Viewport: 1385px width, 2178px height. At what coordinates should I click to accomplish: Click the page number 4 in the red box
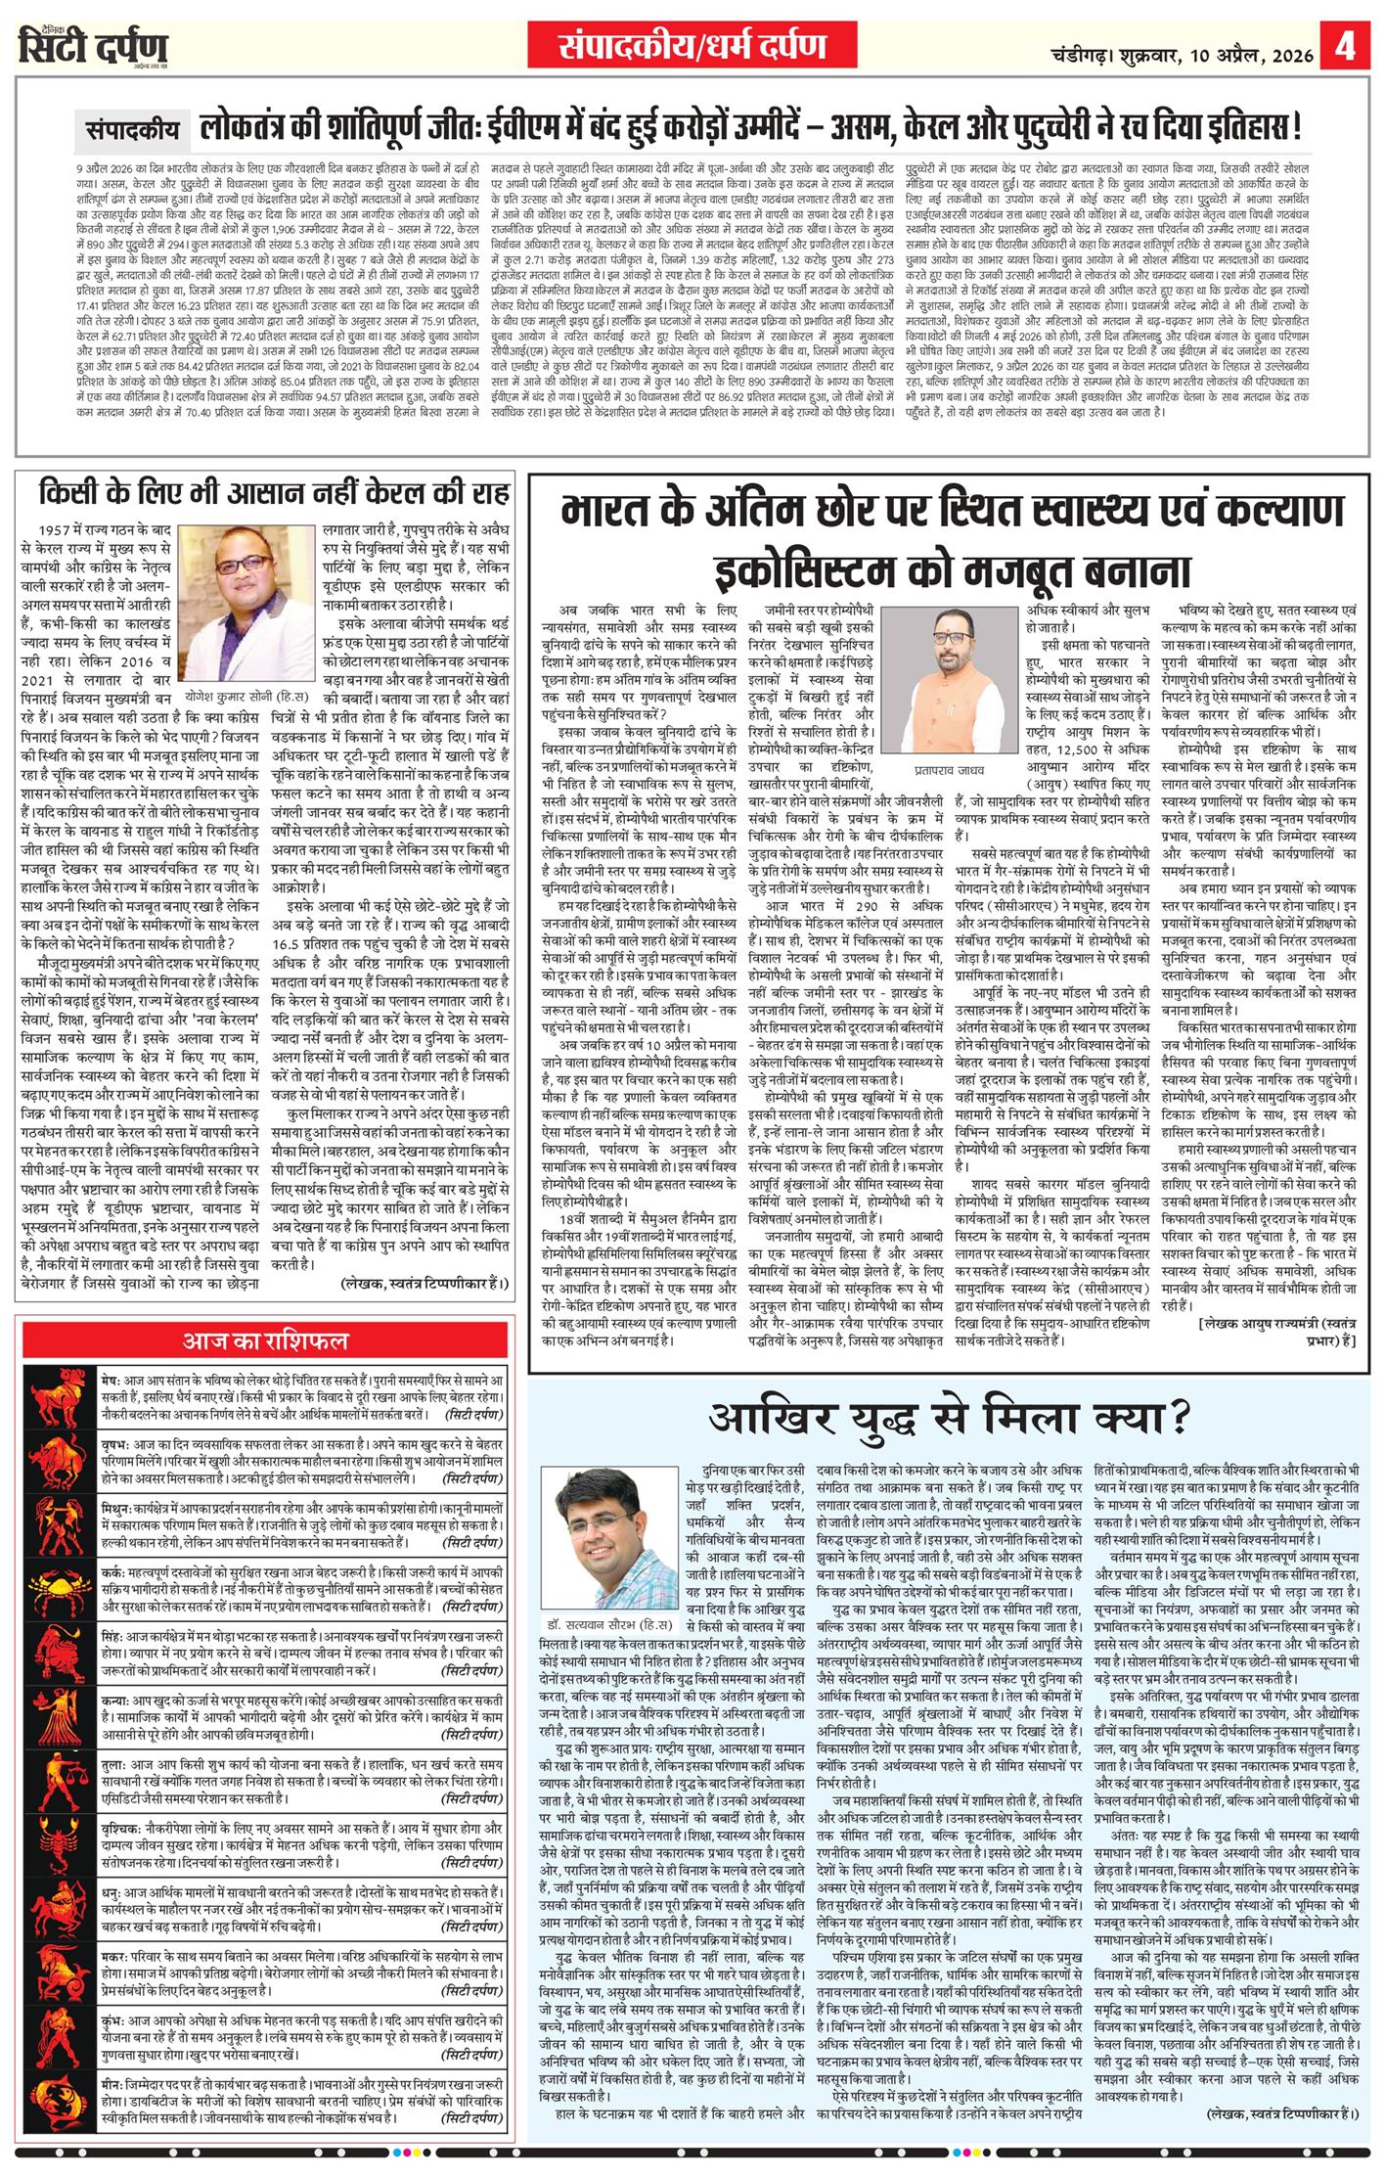click(1347, 45)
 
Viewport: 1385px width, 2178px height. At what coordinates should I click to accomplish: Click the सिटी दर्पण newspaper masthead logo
click(94, 46)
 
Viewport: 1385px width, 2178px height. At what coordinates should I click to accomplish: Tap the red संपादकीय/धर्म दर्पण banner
click(692, 46)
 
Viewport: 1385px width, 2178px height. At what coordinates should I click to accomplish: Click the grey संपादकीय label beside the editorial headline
click(132, 127)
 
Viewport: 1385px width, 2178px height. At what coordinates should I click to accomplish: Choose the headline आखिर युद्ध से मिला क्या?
click(949, 1417)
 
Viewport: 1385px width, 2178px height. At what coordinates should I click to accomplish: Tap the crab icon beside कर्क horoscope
click(60, 1597)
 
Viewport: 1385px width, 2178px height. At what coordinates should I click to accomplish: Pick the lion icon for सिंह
click(60, 1663)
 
